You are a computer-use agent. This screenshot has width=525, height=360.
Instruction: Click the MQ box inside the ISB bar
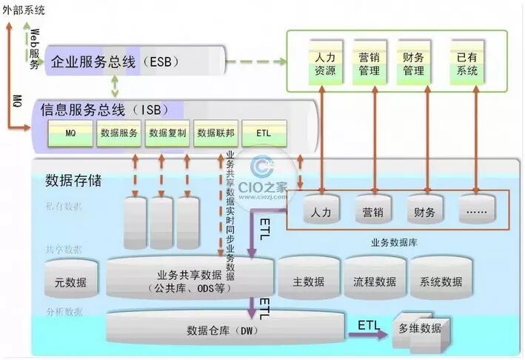pyautogui.click(x=70, y=133)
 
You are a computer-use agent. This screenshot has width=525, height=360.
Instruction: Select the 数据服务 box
pyautogui.click(x=118, y=133)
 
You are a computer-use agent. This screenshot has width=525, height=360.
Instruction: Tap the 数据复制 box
pyautogui.click(x=167, y=133)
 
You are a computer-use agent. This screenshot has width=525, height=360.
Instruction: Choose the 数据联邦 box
pyautogui.click(x=215, y=133)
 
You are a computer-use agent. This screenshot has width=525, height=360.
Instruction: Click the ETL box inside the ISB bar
pyautogui.click(x=264, y=133)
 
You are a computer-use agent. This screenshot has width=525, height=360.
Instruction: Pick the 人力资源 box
pyautogui.click(x=324, y=64)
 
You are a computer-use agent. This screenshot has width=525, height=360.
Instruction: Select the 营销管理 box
pyautogui.click(x=369, y=64)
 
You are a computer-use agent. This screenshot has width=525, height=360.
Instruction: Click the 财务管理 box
pyautogui.click(x=413, y=64)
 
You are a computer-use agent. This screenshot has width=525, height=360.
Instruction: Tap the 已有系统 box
pyautogui.click(x=467, y=64)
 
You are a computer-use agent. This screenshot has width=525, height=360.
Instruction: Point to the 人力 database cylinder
pyautogui.click(x=321, y=211)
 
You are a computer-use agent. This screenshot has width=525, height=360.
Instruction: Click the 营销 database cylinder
pyautogui.click(x=372, y=211)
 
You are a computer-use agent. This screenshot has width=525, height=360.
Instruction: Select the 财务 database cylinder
pyautogui.click(x=424, y=211)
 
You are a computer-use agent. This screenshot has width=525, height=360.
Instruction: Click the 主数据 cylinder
pyautogui.click(x=309, y=280)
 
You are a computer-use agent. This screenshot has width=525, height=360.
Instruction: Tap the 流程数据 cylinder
pyautogui.click(x=375, y=280)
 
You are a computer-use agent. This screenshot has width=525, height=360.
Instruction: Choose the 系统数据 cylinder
pyautogui.click(x=441, y=280)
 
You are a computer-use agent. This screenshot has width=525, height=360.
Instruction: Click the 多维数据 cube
pyautogui.click(x=418, y=330)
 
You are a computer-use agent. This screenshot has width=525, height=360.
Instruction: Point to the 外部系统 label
pyautogui.click(x=24, y=10)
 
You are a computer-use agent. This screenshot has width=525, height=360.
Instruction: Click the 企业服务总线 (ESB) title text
pyautogui.click(x=116, y=61)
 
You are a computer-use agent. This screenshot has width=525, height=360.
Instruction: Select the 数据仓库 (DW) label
pyautogui.click(x=221, y=330)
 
